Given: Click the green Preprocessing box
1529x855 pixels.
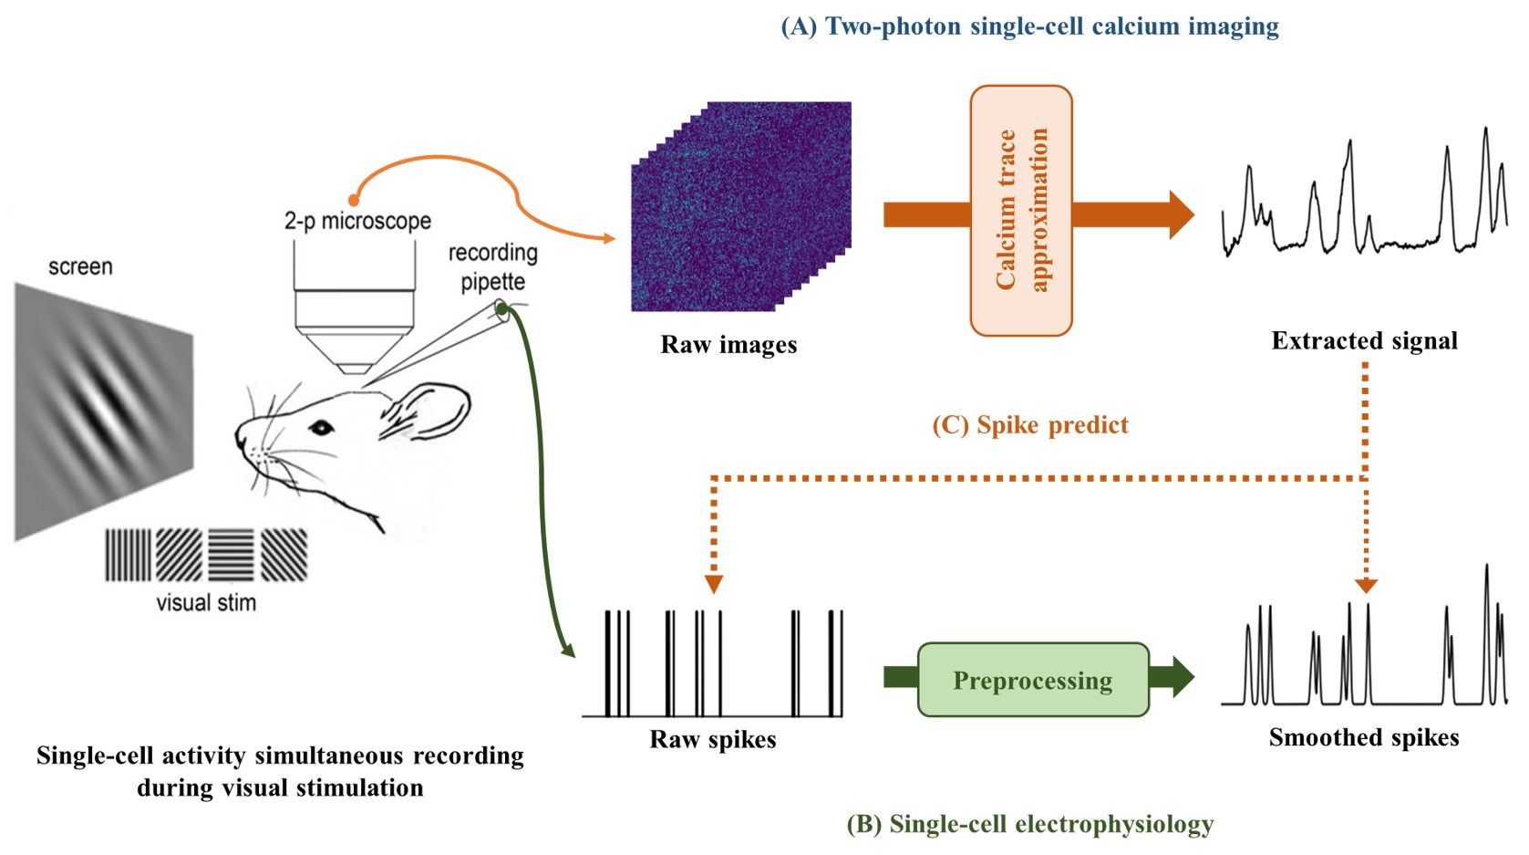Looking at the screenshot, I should coord(1033,680).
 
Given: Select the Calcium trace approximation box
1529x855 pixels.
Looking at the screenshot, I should coord(1021,211).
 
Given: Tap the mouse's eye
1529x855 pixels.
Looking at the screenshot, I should coord(321,427).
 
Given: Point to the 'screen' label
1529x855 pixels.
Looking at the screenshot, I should coord(80,267).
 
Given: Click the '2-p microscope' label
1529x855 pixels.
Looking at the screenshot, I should coord(357,221).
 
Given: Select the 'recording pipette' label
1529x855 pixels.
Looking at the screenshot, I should coord(492,266).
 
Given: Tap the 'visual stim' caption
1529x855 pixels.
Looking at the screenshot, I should coord(206,603).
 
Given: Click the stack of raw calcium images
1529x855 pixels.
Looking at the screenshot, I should coord(740,207).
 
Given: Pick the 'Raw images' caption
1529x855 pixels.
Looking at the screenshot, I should coord(728,345).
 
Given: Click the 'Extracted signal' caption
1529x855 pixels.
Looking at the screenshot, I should coord(1364,341).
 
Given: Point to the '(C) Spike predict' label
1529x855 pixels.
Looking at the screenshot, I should coord(1030,425).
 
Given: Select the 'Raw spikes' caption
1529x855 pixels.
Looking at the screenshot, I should coord(713,739).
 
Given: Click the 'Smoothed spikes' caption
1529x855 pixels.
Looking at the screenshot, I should coord(1364,737).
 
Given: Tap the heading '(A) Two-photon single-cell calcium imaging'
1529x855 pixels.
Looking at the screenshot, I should coord(1029,26).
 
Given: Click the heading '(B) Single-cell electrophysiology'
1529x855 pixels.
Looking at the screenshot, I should coord(1030,825).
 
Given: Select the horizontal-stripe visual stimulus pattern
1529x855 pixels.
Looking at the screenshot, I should coord(231,555).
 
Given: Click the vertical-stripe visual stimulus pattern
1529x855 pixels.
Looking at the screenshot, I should coord(128,555).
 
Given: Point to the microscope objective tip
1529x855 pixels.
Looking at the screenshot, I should coord(355,368).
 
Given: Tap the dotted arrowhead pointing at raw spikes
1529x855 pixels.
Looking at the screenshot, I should coord(714,584).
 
